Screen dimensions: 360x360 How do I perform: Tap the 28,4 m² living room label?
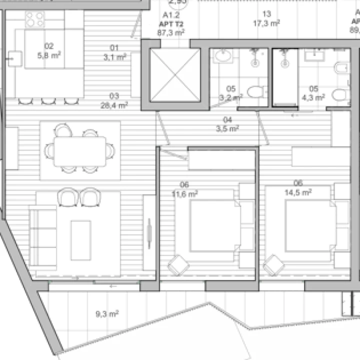point(114,101)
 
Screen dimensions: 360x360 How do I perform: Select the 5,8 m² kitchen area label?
point(49,51)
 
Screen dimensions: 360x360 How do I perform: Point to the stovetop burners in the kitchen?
point(34,20)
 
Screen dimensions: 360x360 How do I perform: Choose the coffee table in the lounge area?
point(80,240)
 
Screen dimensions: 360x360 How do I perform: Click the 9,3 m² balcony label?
point(107,314)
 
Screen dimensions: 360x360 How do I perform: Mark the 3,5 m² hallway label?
point(227,124)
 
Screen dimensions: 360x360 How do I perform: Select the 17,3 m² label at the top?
point(266,19)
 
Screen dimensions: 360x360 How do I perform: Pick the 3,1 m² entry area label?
point(114,52)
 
